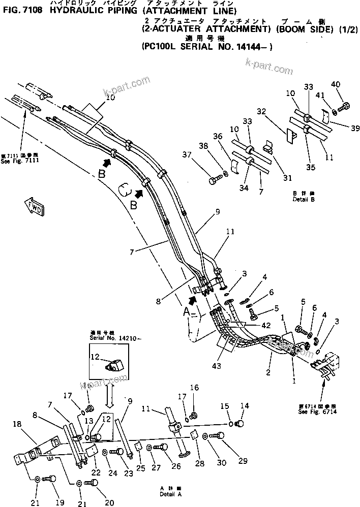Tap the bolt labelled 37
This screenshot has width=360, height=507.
(215, 179)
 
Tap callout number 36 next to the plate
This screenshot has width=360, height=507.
(218, 137)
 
